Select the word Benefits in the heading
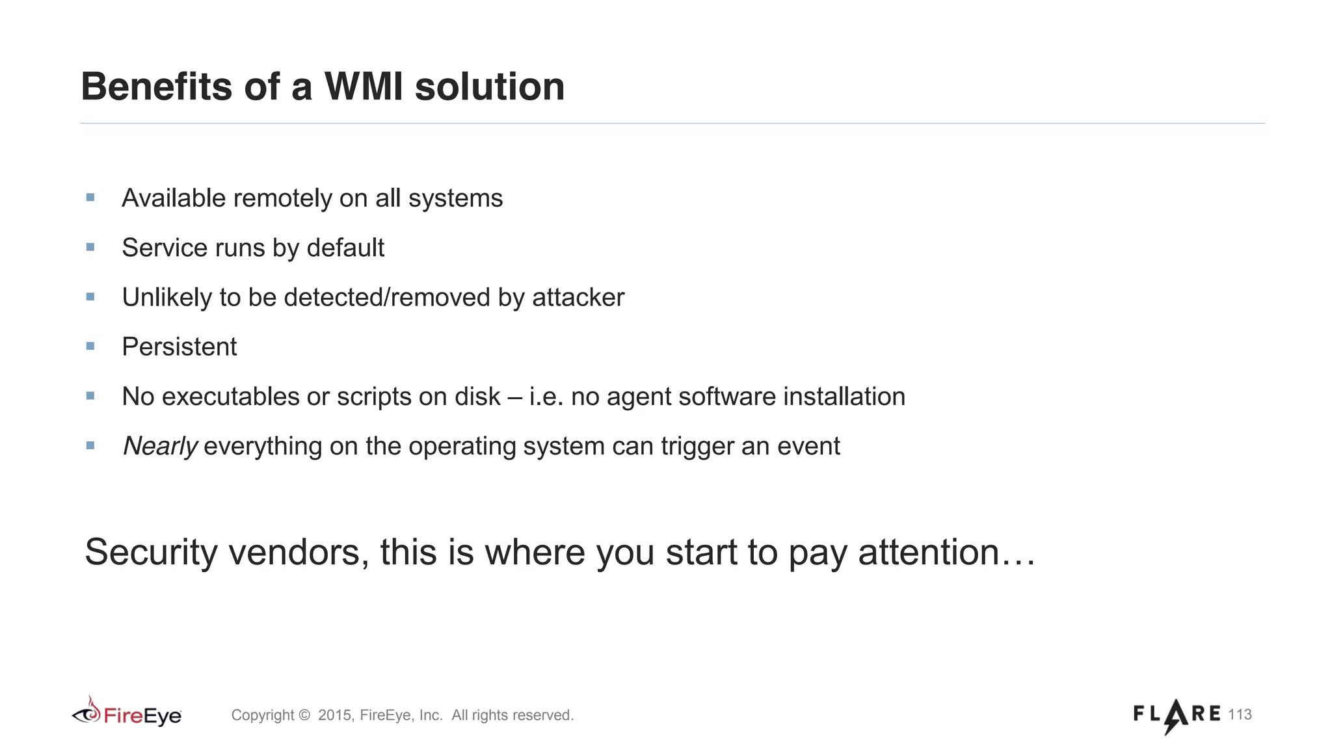[x=156, y=86]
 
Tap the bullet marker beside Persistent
[x=90, y=346]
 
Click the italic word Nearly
[x=160, y=446]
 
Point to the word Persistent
[x=180, y=347]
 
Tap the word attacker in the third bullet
[x=578, y=297]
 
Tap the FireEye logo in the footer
[x=127, y=714]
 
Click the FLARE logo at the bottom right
[x=1177, y=715]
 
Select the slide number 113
[x=1240, y=715]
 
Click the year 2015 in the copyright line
[x=335, y=715]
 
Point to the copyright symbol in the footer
[x=304, y=715]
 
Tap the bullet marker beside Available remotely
[x=90, y=198]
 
